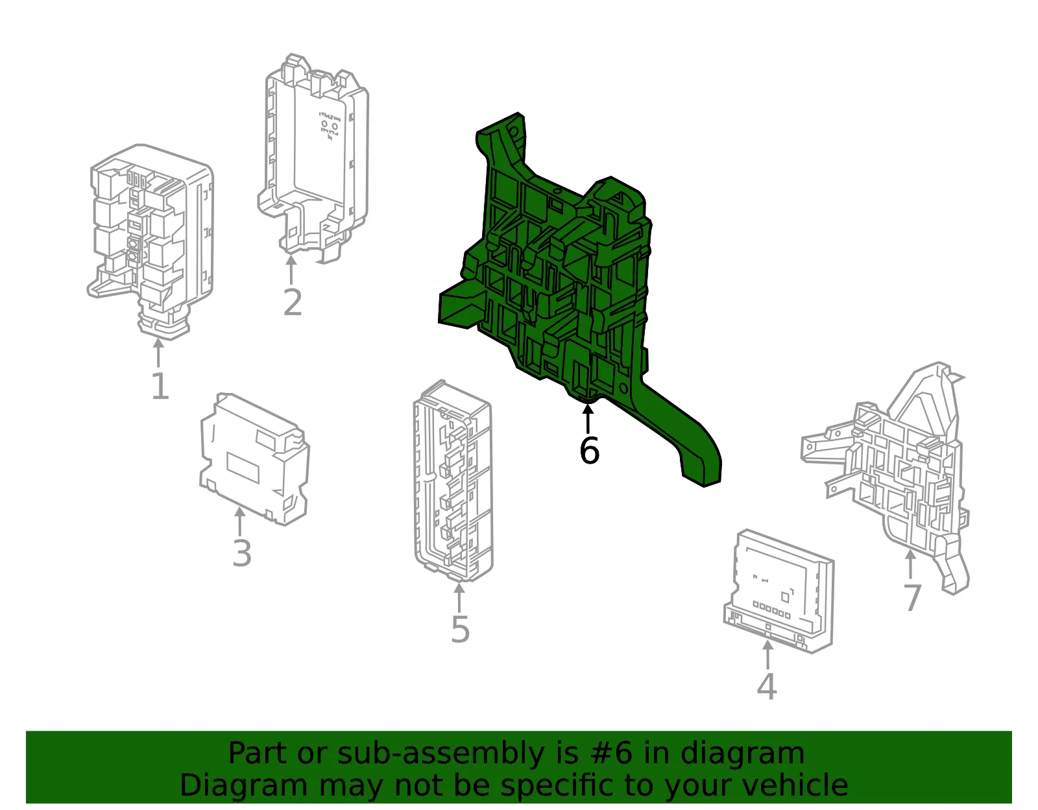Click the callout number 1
(x=160, y=386)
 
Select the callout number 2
(x=293, y=302)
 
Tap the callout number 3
(x=242, y=553)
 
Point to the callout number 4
(x=767, y=686)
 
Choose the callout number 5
(x=460, y=630)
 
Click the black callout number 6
(x=589, y=450)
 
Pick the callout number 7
(x=912, y=597)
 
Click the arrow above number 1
(x=158, y=353)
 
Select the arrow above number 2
(x=291, y=270)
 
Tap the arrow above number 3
(x=240, y=521)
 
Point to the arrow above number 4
(x=767, y=655)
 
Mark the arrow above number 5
(x=459, y=597)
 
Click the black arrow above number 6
(x=588, y=418)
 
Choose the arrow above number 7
(x=910, y=565)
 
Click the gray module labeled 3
(x=254, y=459)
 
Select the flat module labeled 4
(x=779, y=591)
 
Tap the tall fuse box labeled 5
(x=453, y=481)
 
